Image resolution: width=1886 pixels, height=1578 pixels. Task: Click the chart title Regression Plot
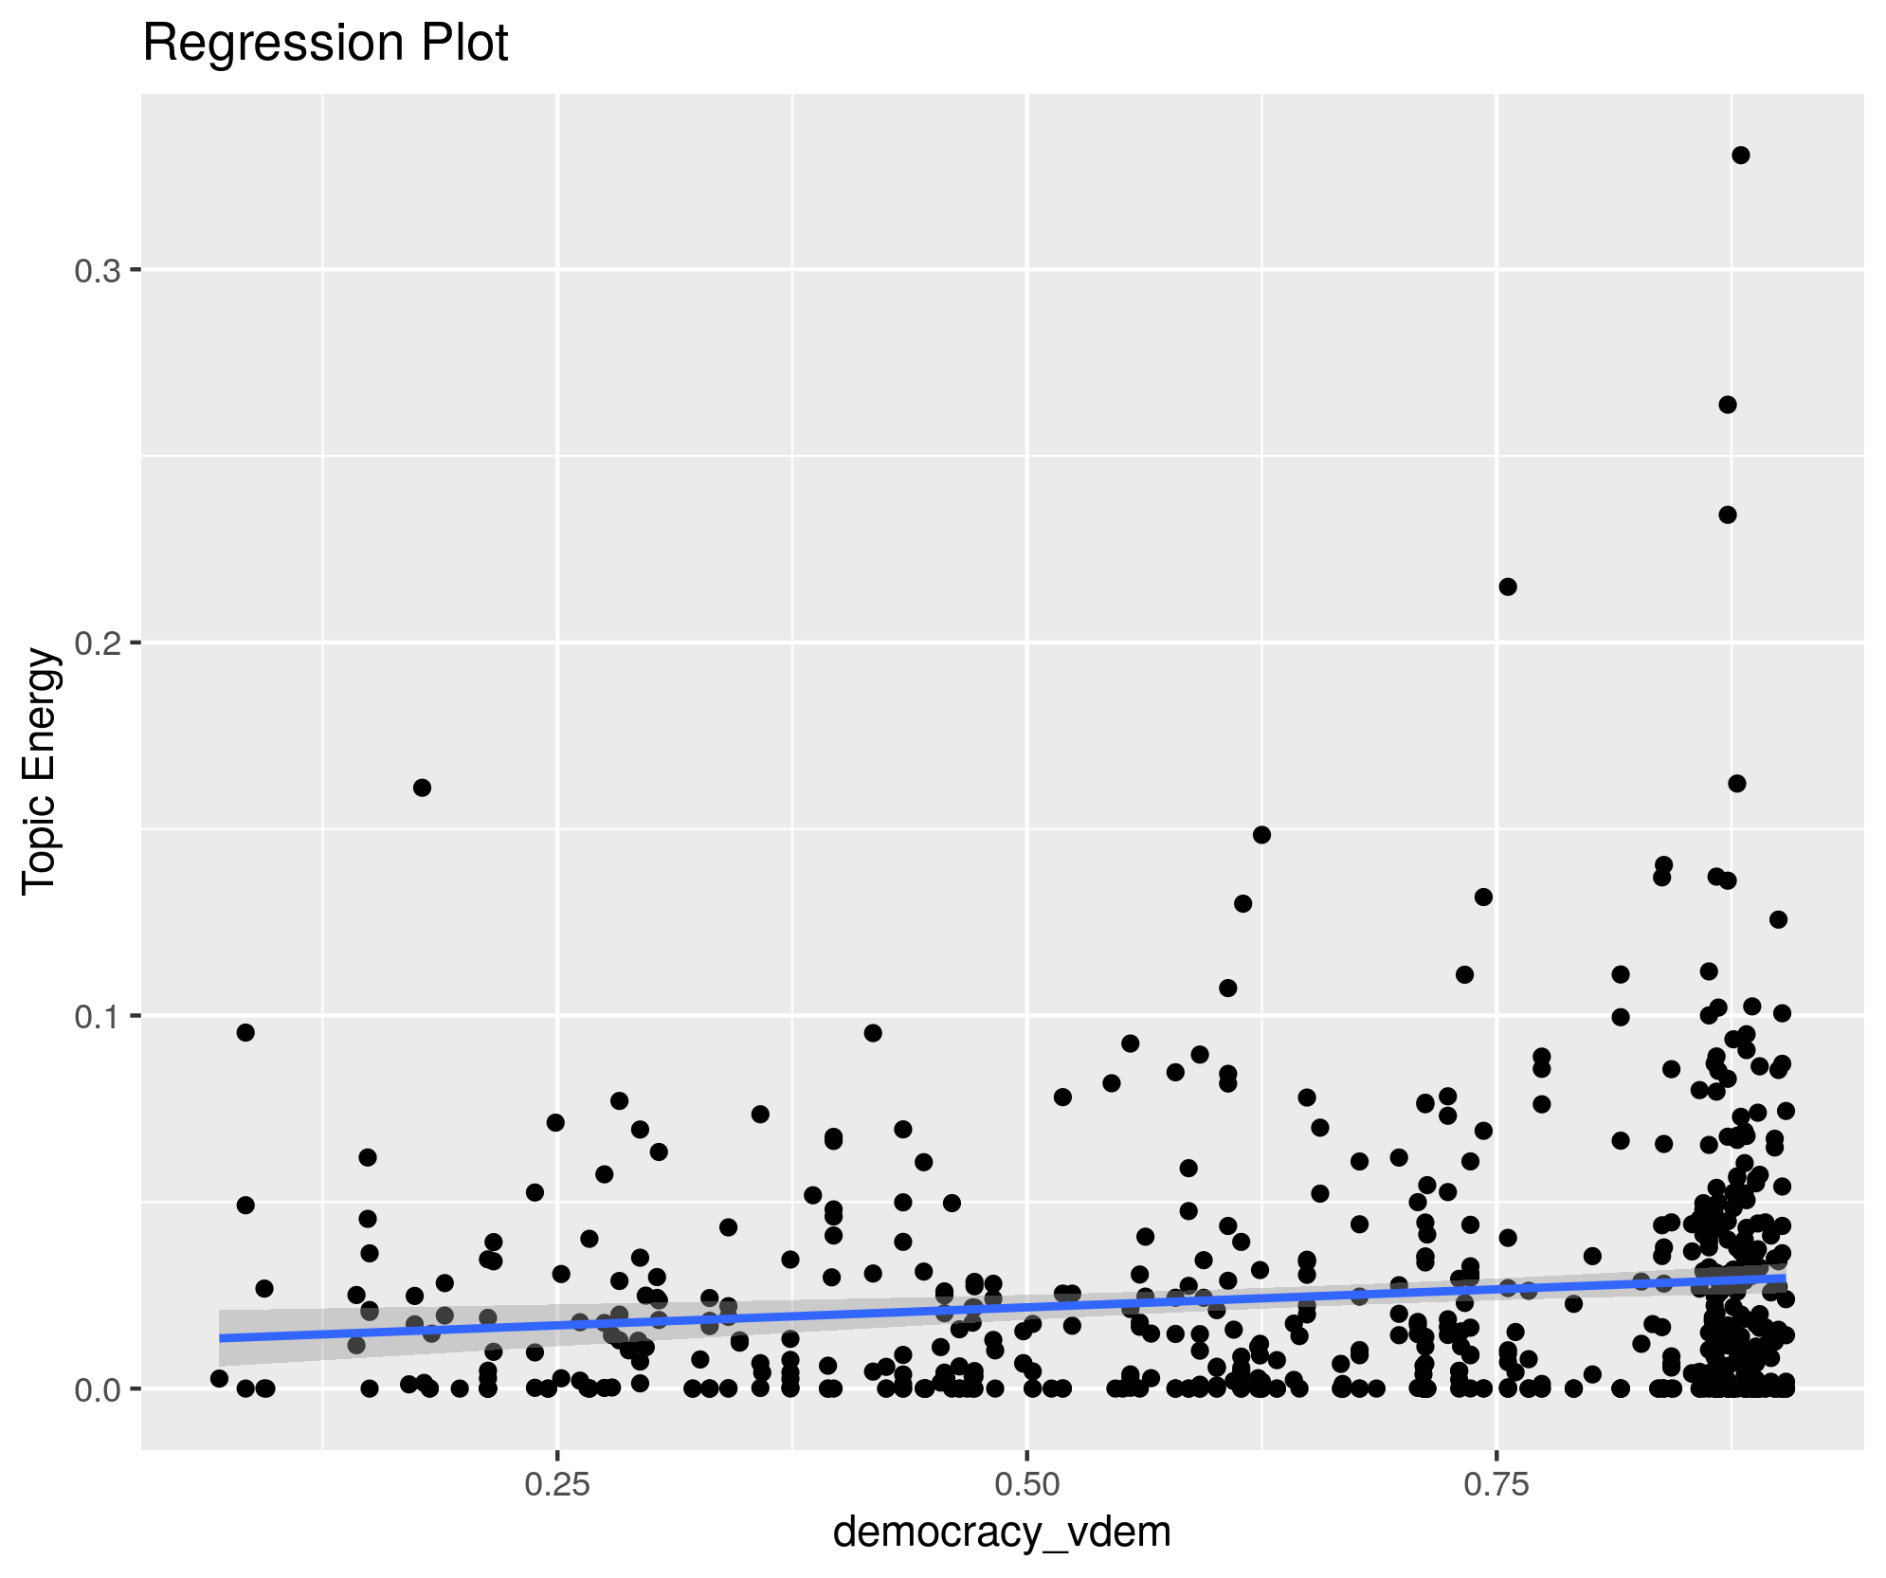(x=325, y=44)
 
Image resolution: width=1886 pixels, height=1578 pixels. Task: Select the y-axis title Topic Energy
(x=41, y=770)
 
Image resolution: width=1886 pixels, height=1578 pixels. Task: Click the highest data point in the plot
(x=1740, y=155)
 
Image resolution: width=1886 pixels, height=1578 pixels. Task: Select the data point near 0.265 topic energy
(x=1728, y=405)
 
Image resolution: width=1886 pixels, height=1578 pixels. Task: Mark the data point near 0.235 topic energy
(x=1728, y=515)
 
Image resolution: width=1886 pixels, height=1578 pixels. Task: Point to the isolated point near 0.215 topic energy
(x=1508, y=587)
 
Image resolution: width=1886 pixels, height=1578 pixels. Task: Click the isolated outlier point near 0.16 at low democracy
(x=423, y=788)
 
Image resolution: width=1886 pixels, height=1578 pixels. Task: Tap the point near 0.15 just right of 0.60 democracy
(x=1261, y=835)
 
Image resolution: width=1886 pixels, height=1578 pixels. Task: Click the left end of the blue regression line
(x=221, y=1337)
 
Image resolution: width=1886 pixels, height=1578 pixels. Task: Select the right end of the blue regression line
(x=1785, y=1279)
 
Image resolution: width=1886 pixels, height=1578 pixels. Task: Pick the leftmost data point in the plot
(x=219, y=1378)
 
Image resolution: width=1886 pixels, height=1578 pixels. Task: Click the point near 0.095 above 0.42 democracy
(x=873, y=1033)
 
